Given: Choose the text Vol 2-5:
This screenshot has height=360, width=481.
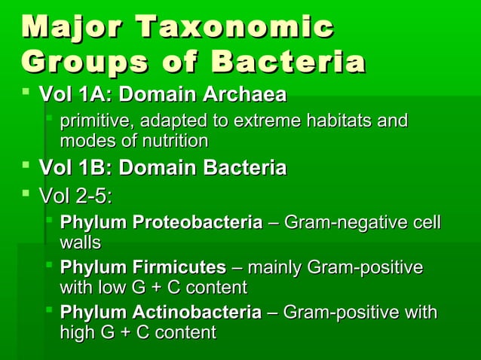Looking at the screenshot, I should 75,196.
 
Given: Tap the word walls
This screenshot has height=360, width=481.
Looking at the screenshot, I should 80,243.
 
